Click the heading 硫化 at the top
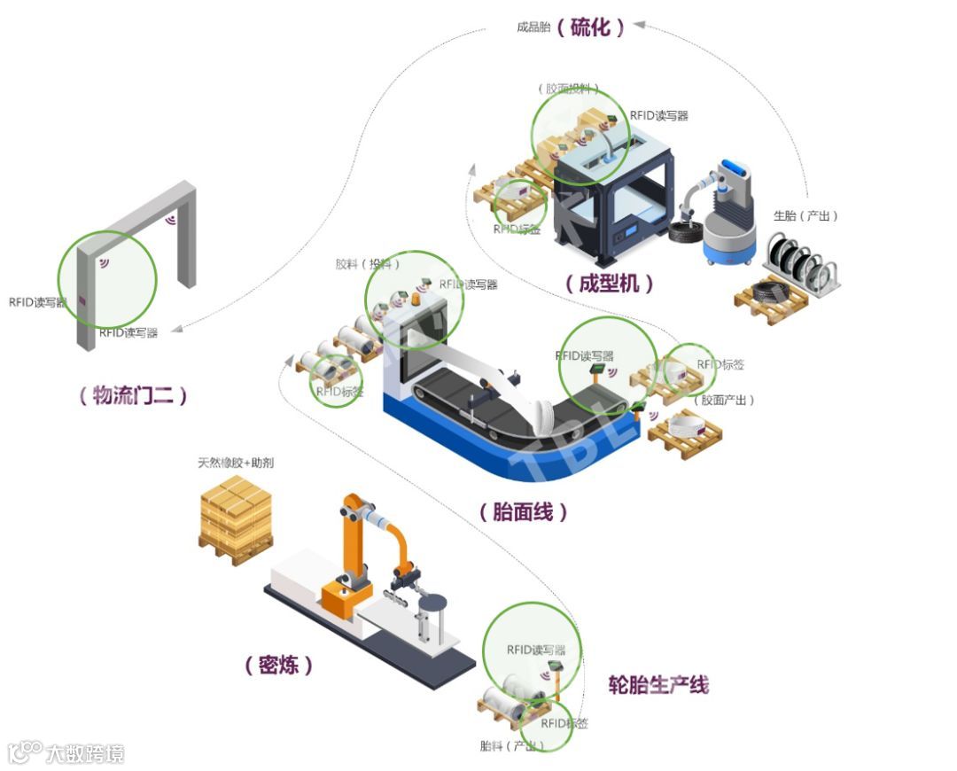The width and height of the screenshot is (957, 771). (x=591, y=27)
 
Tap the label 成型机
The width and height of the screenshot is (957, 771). (x=610, y=284)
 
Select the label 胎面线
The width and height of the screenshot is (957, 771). (x=523, y=511)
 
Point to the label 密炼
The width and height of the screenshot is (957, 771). (x=278, y=666)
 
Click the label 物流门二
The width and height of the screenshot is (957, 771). (x=133, y=396)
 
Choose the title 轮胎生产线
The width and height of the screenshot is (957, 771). (x=658, y=684)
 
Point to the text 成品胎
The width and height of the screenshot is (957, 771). (x=534, y=27)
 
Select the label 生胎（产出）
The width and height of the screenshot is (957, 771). (x=805, y=215)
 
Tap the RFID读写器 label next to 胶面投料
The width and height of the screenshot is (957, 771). (x=658, y=115)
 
